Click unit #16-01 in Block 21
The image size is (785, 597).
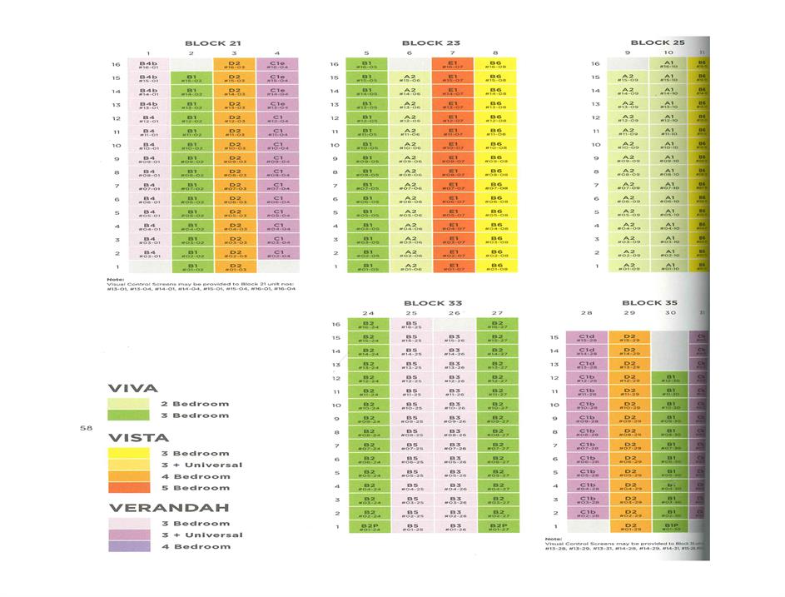pyautogui.click(x=149, y=65)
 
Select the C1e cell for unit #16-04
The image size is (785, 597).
pyautogui.click(x=277, y=65)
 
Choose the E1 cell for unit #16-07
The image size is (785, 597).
pyautogui.click(x=453, y=65)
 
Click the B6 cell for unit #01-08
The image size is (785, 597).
pyautogui.click(x=496, y=268)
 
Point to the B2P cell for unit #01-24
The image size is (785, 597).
pyautogui.click(x=369, y=527)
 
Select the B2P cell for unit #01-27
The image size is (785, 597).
pyautogui.click(x=497, y=527)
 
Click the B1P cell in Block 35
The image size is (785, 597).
pyautogui.click(x=671, y=527)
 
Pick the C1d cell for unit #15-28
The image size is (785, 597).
pyautogui.click(x=586, y=338)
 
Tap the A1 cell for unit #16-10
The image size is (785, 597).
pyautogui.click(x=671, y=65)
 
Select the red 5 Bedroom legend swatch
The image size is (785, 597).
pyautogui.click(x=128, y=488)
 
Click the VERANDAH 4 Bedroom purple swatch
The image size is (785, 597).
pyautogui.click(x=128, y=546)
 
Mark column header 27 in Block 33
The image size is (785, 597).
pyautogui.click(x=497, y=314)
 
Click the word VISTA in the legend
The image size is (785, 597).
pyautogui.click(x=137, y=438)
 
